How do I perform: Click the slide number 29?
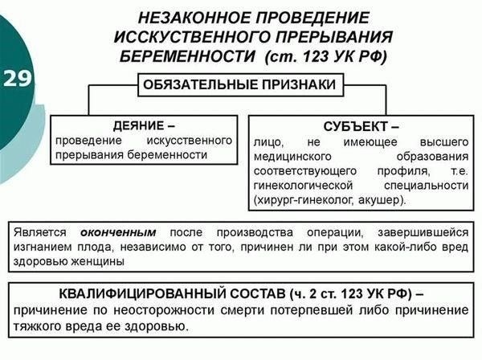click(x=17, y=79)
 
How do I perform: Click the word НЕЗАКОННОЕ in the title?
click(x=194, y=18)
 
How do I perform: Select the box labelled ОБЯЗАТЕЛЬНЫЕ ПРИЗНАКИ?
click(x=240, y=85)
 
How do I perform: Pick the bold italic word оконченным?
click(x=118, y=232)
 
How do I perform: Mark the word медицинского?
click(x=292, y=157)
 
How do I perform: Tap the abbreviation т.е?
click(x=460, y=171)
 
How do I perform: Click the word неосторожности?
click(x=164, y=310)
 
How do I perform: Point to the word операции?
click(x=335, y=233)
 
